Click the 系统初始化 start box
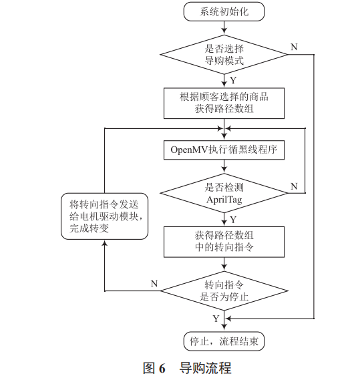tap(224, 11)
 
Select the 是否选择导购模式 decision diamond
tap(224, 54)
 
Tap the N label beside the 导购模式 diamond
tap(293, 47)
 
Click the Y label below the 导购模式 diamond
tap(232, 80)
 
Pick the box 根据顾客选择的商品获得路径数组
tap(224, 102)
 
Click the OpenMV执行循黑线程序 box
tap(224, 150)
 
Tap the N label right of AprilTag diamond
tap(293, 186)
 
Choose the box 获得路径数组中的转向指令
tap(224, 241)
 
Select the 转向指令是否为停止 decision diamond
tap(224, 290)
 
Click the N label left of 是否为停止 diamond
tap(154, 282)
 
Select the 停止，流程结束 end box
tap(224, 341)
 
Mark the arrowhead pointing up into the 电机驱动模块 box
tap(104, 242)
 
